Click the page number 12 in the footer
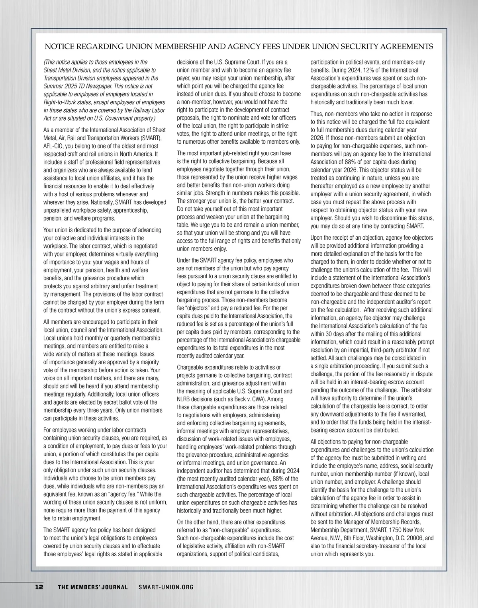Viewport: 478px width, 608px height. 39,587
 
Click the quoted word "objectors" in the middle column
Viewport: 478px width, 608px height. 198,308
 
